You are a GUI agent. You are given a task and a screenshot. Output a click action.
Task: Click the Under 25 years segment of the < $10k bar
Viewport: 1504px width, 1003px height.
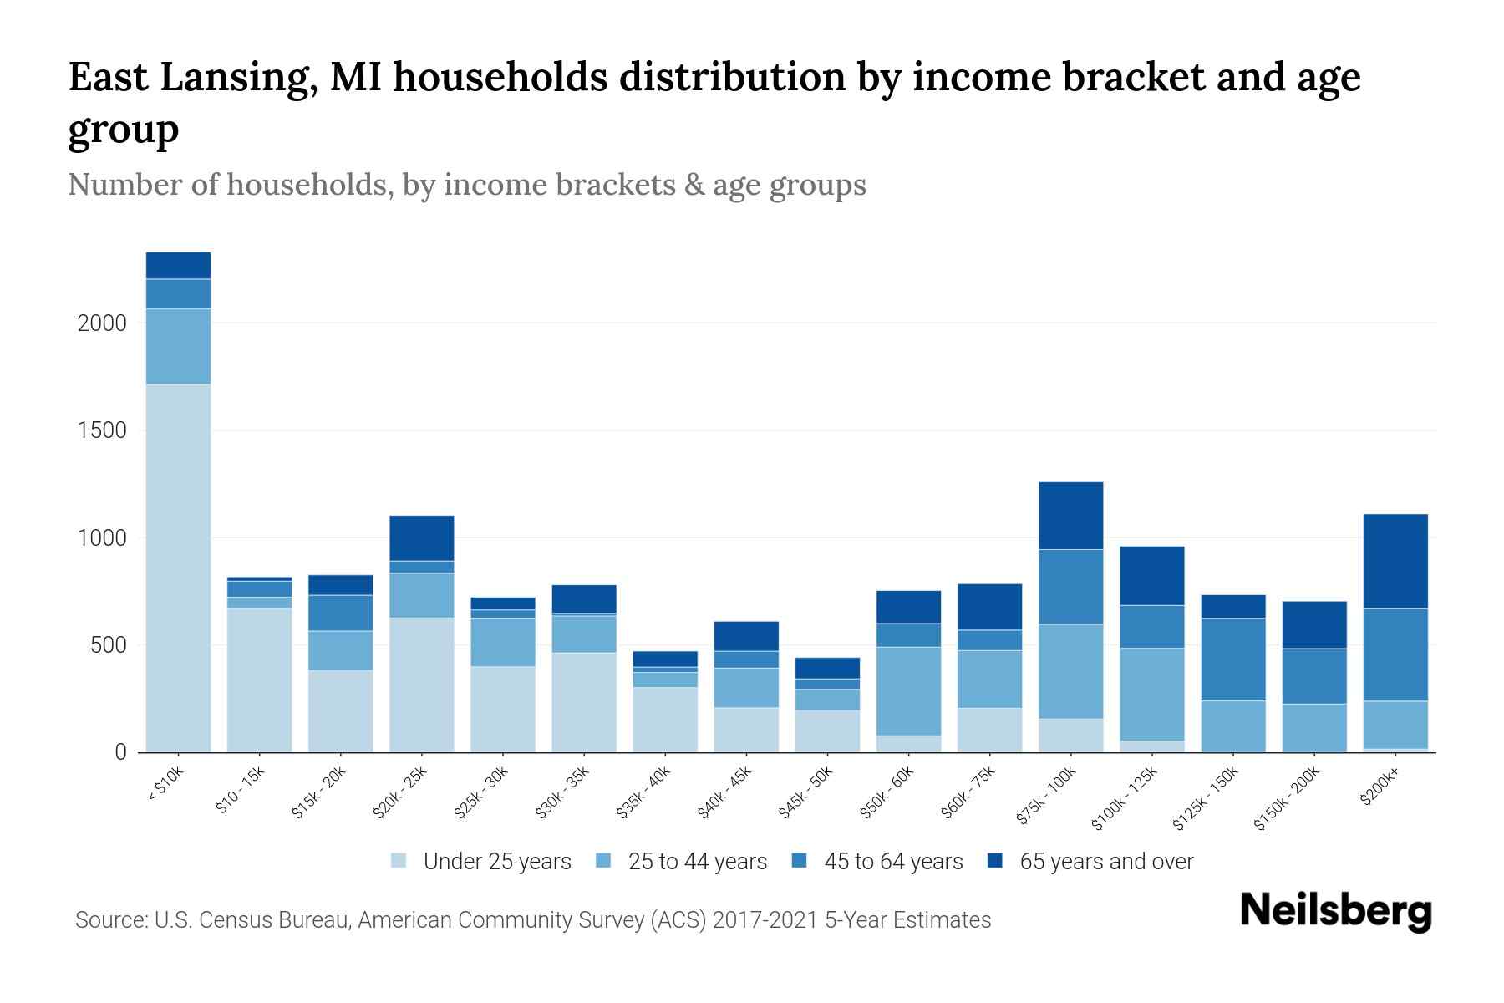tap(178, 568)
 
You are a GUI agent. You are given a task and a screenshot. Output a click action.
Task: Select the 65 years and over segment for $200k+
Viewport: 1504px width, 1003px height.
tap(1395, 561)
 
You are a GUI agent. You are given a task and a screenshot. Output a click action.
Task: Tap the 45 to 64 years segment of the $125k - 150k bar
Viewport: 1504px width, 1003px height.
tap(1232, 659)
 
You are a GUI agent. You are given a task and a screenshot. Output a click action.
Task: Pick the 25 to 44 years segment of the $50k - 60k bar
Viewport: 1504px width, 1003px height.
tap(908, 691)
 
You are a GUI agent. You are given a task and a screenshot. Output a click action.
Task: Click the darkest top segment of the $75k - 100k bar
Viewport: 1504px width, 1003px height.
tap(1070, 516)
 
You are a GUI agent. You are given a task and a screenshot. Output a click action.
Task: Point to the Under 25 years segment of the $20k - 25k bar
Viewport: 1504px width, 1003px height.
tap(421, 685)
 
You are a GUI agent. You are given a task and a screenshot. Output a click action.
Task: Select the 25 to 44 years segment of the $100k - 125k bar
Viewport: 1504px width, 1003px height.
tap(1151, 695)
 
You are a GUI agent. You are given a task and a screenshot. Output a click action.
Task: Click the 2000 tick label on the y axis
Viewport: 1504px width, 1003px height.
tap(102, 323)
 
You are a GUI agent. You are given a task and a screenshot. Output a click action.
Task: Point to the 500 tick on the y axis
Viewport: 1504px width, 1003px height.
tap(108, 645)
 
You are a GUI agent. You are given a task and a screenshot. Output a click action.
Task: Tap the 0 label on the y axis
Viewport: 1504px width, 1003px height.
tap(120, 752)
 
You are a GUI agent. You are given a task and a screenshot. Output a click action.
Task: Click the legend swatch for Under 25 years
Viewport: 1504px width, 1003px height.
tap(399, 861)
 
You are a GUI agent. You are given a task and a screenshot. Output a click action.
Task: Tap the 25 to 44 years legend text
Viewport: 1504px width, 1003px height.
tap(697, 862)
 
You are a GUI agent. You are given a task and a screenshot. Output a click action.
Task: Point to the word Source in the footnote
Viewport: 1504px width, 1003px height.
tap(109, 920)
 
